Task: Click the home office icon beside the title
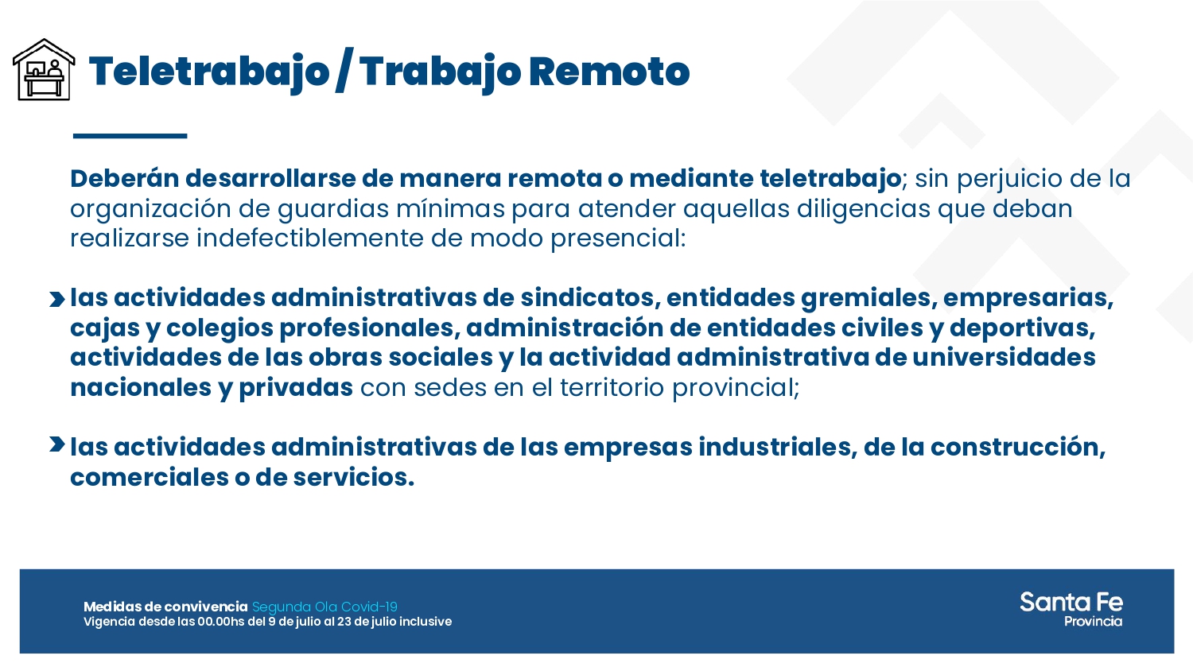44,70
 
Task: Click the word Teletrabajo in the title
208,72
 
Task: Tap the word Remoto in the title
608,72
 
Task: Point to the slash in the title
344,72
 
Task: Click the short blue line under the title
130,136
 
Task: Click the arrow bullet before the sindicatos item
56,299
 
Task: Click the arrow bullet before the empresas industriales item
56,444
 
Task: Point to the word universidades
1004,358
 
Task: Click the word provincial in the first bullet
735,388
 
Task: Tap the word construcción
1017,448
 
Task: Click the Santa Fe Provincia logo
1071,610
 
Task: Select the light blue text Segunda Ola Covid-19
324,607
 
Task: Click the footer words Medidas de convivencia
165,607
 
